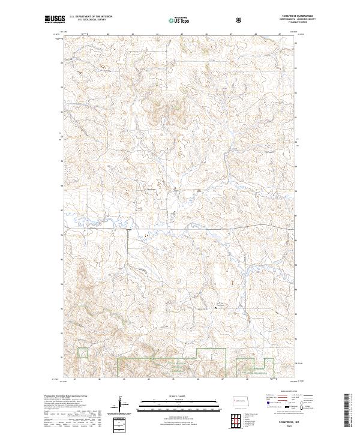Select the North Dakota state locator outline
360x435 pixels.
point(240,399)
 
